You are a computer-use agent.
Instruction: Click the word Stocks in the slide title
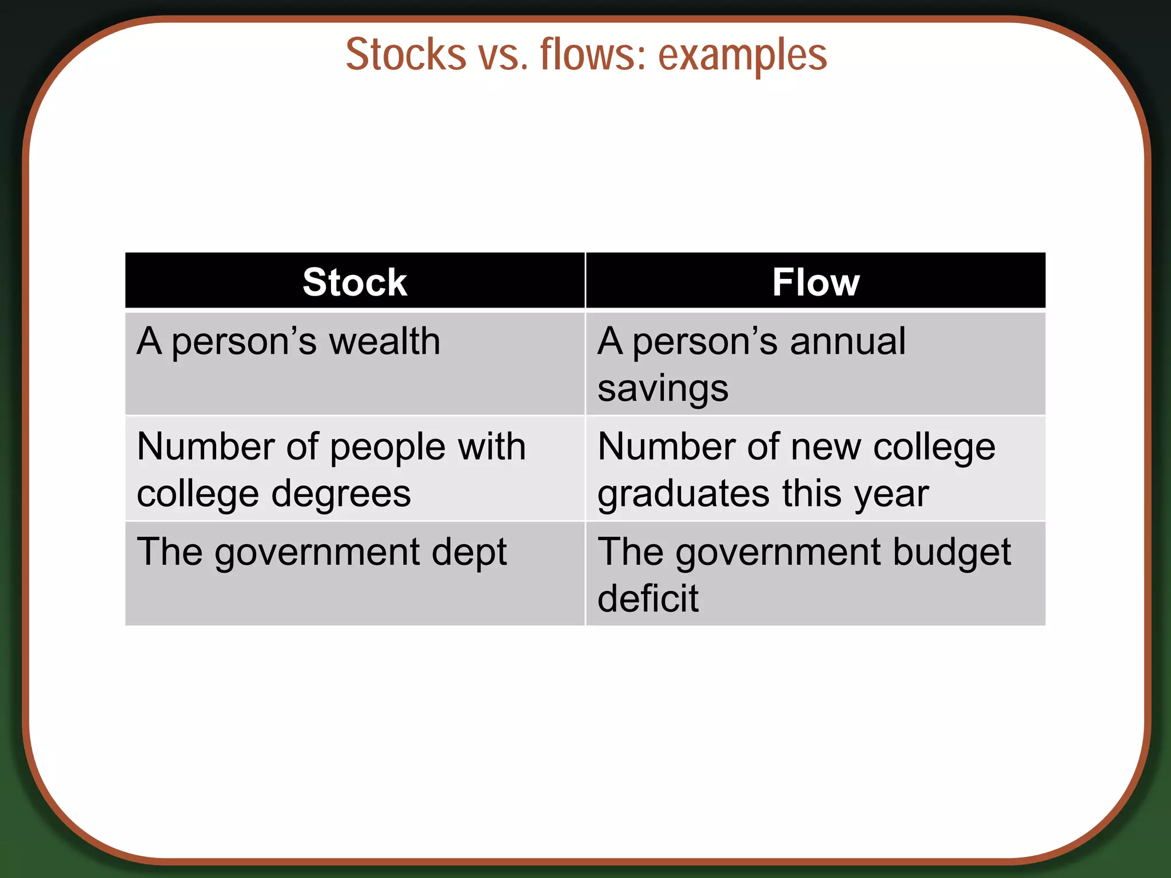[406, 54]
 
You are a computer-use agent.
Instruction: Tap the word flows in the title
[592, 54]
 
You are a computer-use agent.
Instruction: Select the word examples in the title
[742, 55]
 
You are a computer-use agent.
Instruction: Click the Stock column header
[355, 282]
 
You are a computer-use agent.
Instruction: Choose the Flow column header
[815, 282]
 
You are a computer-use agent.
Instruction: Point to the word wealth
[385, 341]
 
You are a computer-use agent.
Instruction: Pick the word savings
[663, 389]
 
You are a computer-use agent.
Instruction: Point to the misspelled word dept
[469, 553]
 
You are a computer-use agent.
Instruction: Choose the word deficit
[648, 598]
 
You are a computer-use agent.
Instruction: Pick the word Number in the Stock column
[206, 446]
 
